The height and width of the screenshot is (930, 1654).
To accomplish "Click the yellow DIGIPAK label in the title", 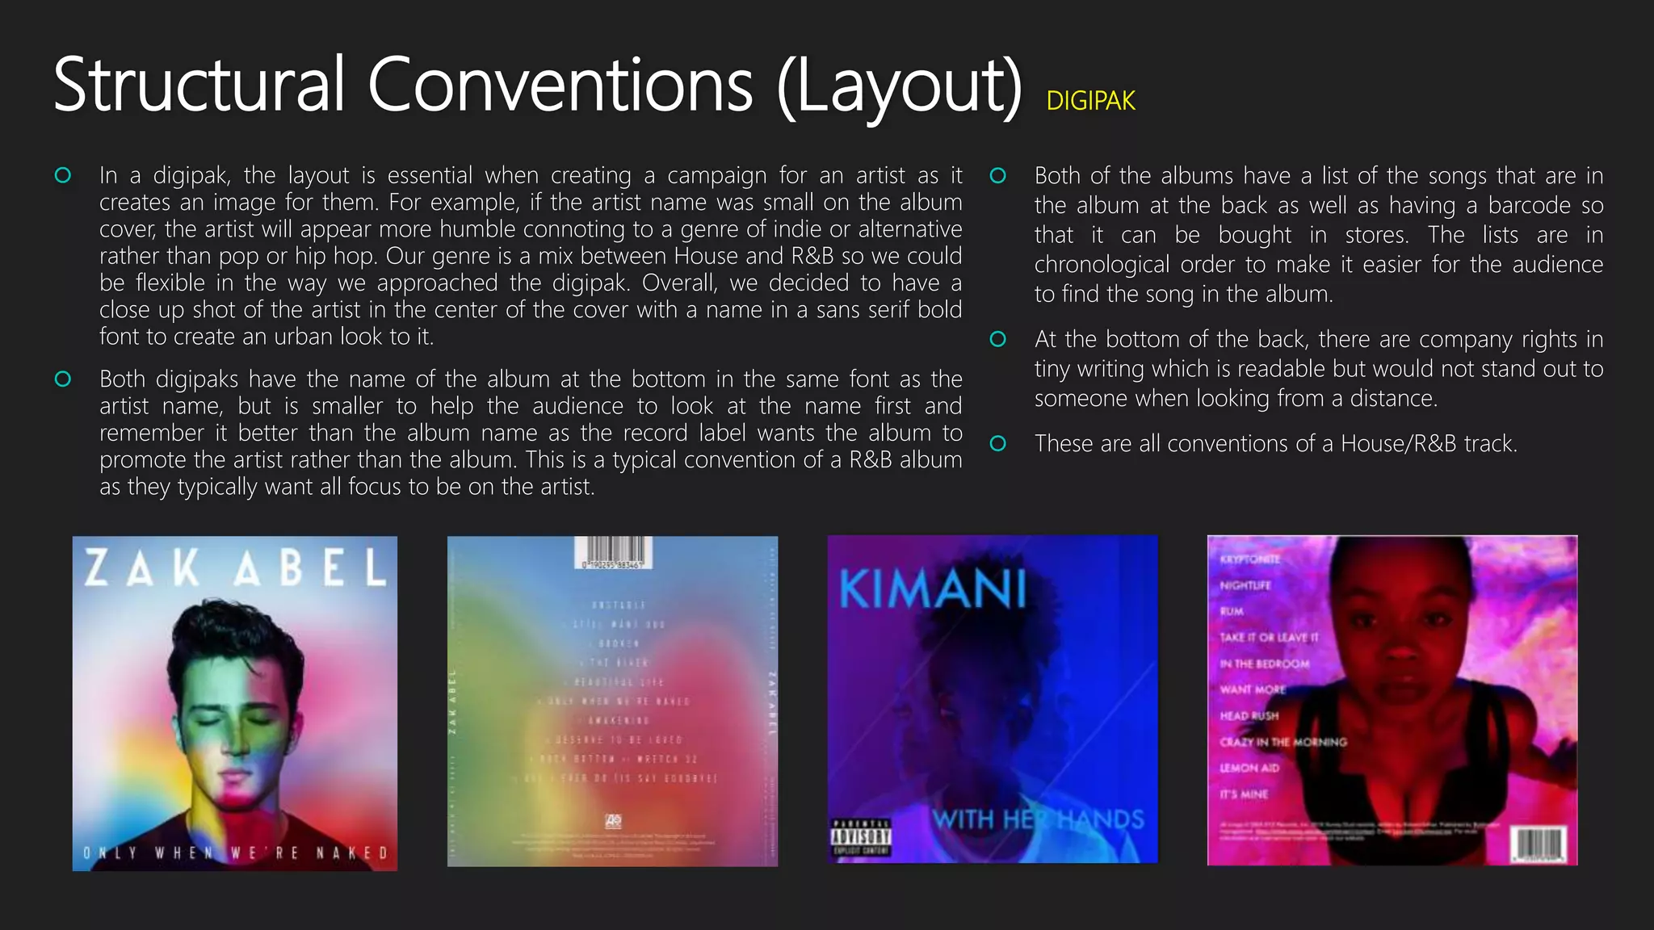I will (x=1090, y=101).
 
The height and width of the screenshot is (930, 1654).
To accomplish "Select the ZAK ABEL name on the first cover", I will (x=235, y=568).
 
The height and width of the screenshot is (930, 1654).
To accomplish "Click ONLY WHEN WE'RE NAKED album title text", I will (x=235, y=852).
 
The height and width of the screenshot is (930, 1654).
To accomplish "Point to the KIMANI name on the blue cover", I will (x=933, y=589).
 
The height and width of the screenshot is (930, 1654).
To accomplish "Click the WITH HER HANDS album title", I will (x=1039, y=820).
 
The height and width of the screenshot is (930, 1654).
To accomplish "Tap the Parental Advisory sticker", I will (x=861, y=837).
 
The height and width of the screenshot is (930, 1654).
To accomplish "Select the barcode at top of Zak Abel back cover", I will (x=613, y=552).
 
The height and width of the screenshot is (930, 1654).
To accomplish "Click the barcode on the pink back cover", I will (x=1539, y=844).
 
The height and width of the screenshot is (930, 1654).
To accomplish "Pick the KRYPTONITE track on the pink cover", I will (x=1249, y=559).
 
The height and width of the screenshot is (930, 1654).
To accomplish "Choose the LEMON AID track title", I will (x=1249, y=768).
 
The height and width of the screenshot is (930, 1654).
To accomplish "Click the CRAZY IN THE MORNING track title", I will (x=1283, y=742).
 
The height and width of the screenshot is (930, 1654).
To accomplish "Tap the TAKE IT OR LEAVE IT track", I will (x=1269, y=637).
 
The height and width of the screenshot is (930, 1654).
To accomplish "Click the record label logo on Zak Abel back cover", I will (x=614, y=821).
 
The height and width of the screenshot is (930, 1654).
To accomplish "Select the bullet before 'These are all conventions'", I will (x=998, y=443).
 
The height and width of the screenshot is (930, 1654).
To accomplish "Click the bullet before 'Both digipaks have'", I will (x=63, y=379).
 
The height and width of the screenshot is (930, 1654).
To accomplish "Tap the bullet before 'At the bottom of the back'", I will (x=998, y=339).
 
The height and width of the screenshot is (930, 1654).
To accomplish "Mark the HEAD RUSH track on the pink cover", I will (x=1249, y=715).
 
